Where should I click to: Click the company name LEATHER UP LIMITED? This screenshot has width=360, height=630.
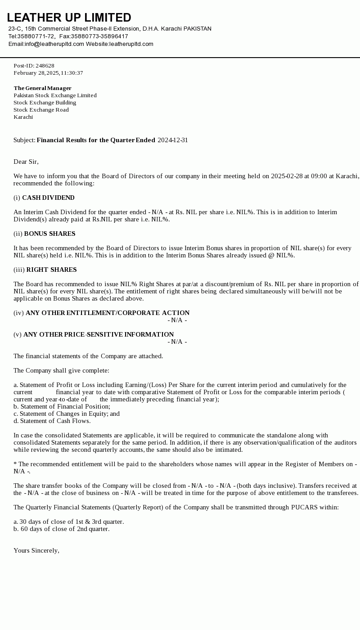point(69,18)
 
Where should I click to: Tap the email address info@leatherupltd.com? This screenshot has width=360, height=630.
point(54,44)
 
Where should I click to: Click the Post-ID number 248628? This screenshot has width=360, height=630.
point(45,66)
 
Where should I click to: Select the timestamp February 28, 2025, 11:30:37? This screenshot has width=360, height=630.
point(48,73)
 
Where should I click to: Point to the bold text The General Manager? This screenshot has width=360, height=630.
point(42,88)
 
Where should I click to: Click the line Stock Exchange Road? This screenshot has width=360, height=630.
point(41,110)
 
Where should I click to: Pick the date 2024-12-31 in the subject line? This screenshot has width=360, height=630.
point(173,140)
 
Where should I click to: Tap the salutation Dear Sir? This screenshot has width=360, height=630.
point(26,162)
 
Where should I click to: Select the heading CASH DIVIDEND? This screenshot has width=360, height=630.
point(48,198)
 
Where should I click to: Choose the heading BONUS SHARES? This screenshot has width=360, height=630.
point(49,234)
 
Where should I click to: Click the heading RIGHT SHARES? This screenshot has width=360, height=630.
point(51,270)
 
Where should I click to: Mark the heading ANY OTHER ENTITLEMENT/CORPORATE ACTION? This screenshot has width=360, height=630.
point(108,313)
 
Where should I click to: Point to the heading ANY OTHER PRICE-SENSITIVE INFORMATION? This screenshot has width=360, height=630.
point(99,334)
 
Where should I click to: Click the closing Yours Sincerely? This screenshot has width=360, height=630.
point(36,550)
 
